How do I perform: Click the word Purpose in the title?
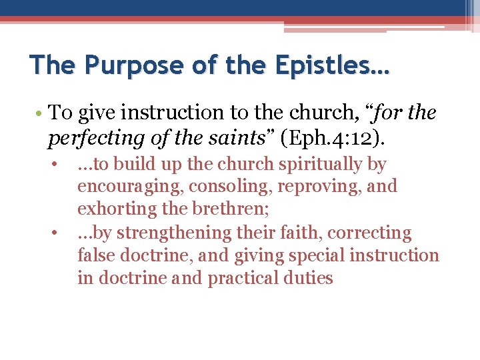click(x=125, y=67)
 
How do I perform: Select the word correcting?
click(x=377, y=233)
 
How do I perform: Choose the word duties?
click(x=313, y=278)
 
